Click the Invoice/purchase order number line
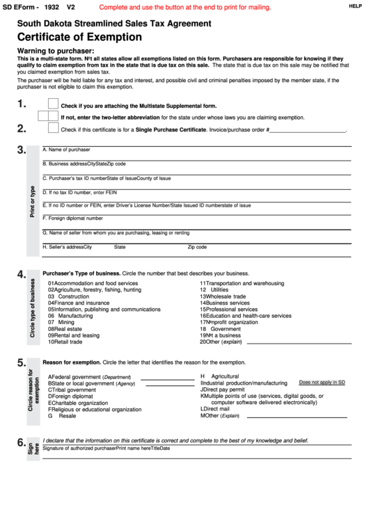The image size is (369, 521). click(307, 130)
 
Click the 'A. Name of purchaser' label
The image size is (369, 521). click(67, 150)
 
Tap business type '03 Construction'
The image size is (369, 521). click(68, 296)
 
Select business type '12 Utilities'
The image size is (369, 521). click(214, 290)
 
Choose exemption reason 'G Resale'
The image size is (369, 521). click(62, 416)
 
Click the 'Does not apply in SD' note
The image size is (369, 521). click(322, 383)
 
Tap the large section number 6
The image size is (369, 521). click(21, 443)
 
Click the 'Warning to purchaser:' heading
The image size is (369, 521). click(55, 51)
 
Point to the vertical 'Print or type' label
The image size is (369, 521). click(32, 202)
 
